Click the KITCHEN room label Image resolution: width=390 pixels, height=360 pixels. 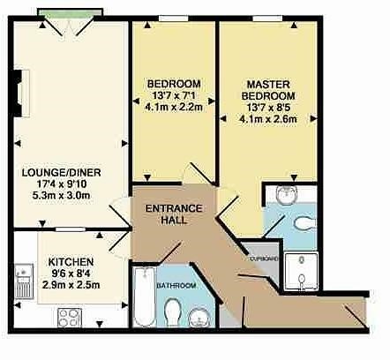(x=71, y=262)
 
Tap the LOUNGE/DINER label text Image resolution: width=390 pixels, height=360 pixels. (x=62, y=172)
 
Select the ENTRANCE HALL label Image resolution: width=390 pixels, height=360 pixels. (x=174, y=214)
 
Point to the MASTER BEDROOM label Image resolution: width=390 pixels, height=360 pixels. (x=268, y=90)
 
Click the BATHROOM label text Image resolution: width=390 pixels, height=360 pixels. (x=176, y=285)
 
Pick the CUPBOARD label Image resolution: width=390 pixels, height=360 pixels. (x=264, y=259)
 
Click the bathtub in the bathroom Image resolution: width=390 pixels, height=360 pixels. (x=145, y=296)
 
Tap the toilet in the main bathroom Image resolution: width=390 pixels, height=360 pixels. (x=173, y=312)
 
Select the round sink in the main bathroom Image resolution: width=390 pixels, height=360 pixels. (x=199, y=318)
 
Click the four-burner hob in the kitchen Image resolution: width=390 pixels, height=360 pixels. (x=70, y=318)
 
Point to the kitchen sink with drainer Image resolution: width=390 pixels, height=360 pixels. (x=24, y=281)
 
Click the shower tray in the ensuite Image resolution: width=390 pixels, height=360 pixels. (x=301, y=271)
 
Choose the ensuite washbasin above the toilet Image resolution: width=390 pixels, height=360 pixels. (x=287, y=194)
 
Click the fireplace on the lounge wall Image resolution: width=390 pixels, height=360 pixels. (x=21, y=94)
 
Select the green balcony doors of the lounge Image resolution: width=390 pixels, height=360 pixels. (x=71, y=13)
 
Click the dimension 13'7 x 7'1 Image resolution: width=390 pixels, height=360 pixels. (x=174, y=95)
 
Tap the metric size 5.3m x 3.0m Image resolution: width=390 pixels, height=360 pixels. (x=61, y=195)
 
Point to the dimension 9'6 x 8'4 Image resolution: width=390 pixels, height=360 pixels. (x=71, y=274)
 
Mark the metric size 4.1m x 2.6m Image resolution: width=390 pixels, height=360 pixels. (x=268, y=119)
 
